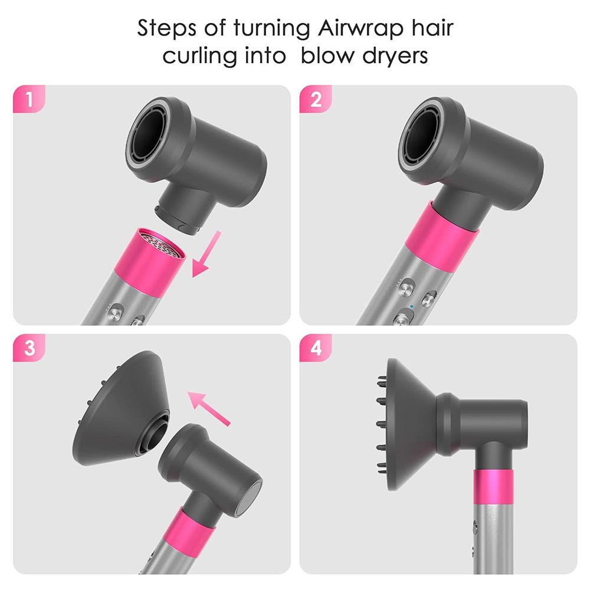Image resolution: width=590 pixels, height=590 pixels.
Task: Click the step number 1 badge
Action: tap(28, 100)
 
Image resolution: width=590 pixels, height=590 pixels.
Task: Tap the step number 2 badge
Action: tap(315, 100)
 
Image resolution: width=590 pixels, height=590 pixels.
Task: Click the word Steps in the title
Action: tap(166, 28)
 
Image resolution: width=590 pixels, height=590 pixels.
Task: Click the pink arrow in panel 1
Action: tap(207, 253)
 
